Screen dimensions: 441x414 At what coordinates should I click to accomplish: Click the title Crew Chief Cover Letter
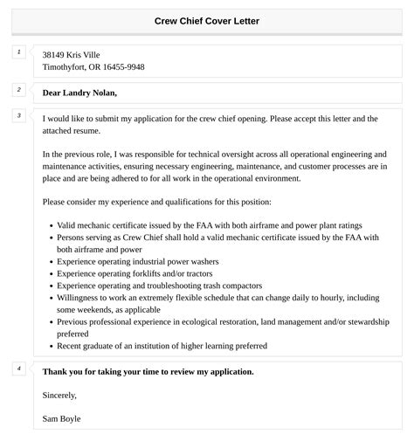point(207,20)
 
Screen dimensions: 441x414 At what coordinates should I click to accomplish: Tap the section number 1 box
point(18,52)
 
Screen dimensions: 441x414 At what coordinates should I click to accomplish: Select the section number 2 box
point(18,89)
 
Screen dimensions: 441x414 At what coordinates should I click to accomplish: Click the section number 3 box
point(18,115)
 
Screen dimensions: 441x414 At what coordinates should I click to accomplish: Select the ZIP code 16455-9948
point(124,67)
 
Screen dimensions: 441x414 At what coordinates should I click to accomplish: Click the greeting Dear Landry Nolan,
point(79,93)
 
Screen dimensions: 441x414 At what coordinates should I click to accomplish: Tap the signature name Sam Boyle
point(61,418)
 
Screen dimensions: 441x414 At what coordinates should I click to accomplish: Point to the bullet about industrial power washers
point(137,261)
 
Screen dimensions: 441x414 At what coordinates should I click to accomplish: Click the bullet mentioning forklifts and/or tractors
point(132,273)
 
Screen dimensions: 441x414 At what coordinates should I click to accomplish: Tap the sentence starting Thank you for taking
point(148,371)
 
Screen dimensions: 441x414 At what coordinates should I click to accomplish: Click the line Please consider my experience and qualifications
point(157,201)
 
